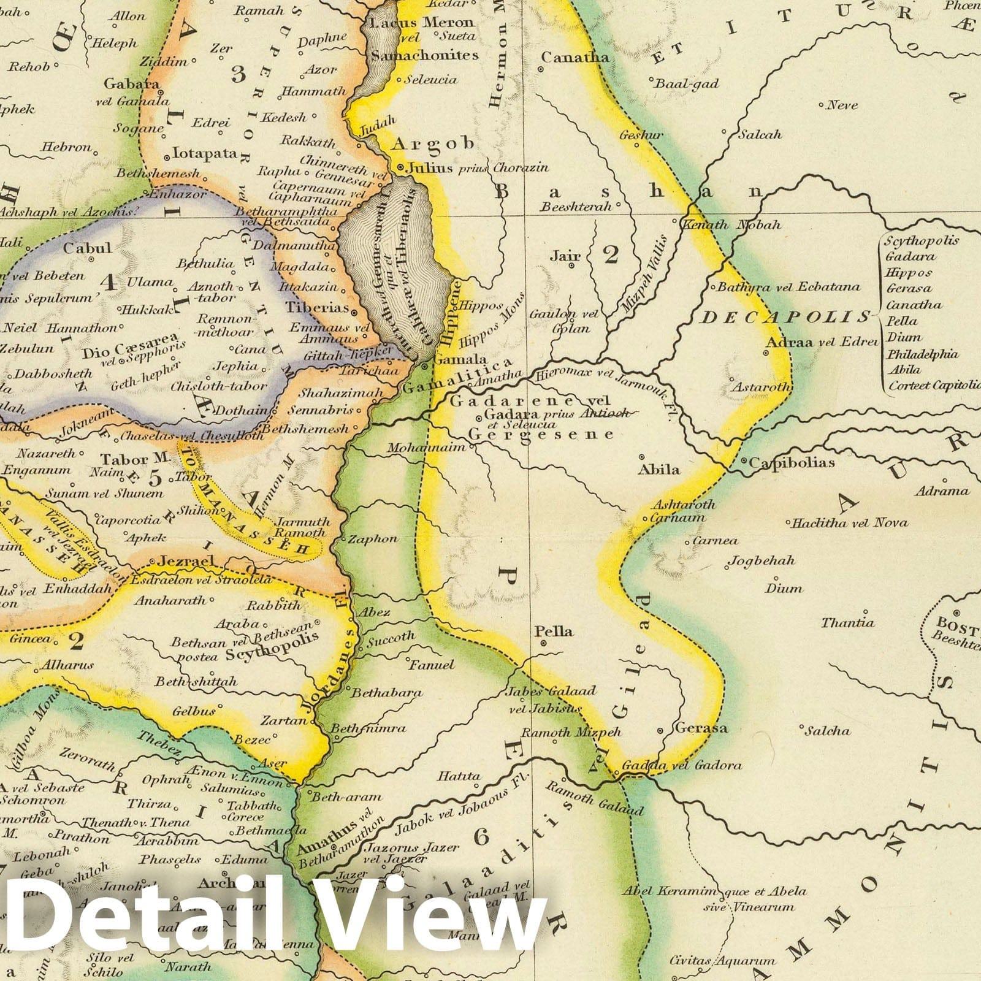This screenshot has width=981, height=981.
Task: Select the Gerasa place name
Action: click(x=701, y=728)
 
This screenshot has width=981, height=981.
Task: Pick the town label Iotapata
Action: click(x=205, y=153)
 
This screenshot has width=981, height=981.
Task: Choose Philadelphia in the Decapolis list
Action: click(x=922, y=354)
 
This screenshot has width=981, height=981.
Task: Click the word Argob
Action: click(x=433, y=143)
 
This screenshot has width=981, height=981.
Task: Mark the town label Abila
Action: click(x=659, y=470)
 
